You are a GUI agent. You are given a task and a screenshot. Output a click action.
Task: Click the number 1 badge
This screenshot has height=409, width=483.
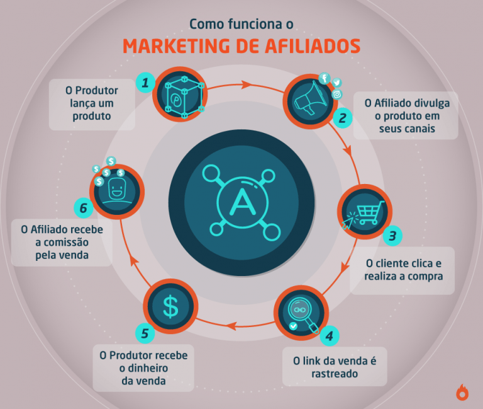[x=145, y=83]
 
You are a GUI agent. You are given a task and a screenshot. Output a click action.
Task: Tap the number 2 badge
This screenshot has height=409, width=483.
[x=343, y=118]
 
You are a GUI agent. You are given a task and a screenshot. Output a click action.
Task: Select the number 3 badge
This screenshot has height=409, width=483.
[x=392, y=236]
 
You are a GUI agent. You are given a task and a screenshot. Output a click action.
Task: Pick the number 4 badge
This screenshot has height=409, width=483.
[x=330, y=336]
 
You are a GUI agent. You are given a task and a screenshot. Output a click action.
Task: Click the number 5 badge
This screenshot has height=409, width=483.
[x=145, y=333]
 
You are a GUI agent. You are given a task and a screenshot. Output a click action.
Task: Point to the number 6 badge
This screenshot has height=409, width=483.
[x=84, y=208]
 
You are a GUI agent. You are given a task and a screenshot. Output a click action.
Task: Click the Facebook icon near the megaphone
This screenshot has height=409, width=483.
[x=325, y=78]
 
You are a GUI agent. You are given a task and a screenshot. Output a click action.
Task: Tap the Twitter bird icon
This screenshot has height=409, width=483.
[x=336, y=83]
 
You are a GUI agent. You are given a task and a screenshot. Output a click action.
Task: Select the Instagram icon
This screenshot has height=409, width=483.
[x=337, y=95]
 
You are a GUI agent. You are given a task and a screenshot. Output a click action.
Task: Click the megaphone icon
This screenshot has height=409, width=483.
[x=310, y=98]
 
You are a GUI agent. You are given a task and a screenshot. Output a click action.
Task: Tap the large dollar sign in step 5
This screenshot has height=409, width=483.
[x=170, y=306]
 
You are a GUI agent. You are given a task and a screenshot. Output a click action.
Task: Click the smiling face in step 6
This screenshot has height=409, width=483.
[x=117, y=189]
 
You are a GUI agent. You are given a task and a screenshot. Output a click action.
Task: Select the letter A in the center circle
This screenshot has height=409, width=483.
[x=243, y=202]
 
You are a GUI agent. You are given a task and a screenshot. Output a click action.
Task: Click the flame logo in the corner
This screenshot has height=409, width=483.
[x=462, y=393]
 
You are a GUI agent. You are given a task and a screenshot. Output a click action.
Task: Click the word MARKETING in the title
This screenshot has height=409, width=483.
[x=177, y=46]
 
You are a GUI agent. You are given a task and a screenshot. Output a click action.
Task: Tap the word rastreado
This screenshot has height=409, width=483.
[x=335, y=374]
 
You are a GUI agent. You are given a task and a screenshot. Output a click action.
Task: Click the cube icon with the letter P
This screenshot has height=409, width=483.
[x=184, y=97]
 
